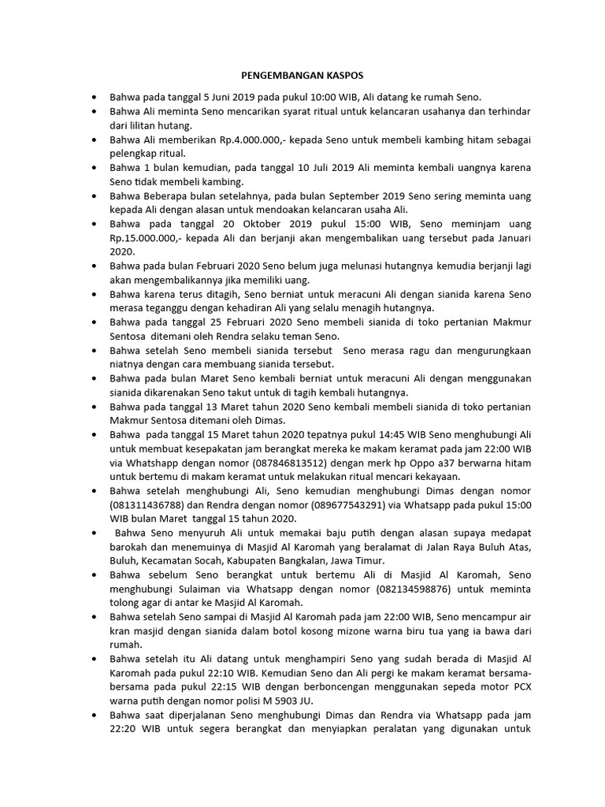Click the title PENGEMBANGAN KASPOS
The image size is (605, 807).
[x=302, y=76]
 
